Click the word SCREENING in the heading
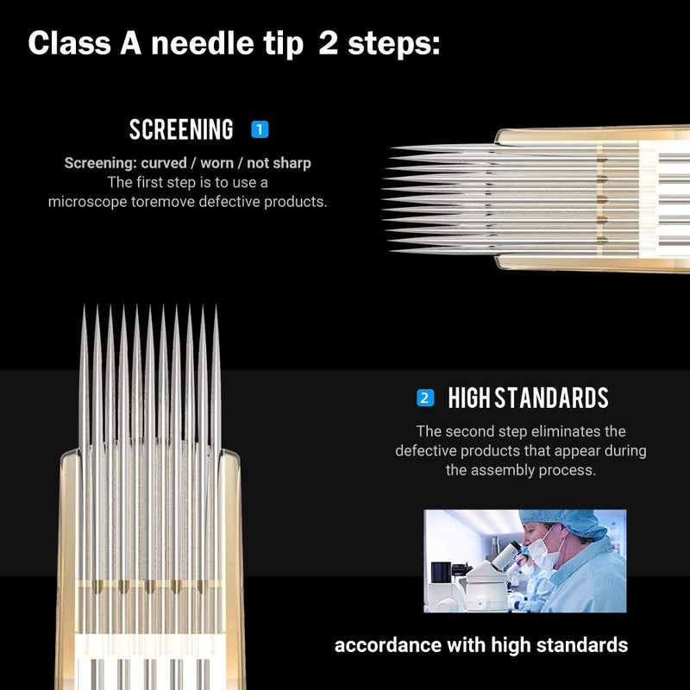[x=181, y=130]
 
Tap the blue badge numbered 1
[x=260, y=130]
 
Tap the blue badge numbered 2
[x=424, y=398]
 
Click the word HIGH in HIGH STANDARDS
[x=468, y=398]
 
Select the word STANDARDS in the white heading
[x=551, y=398]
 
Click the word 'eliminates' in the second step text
[x=561, y=431]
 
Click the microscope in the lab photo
[x=495, y=566]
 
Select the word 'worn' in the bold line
[x=216, y=163]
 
